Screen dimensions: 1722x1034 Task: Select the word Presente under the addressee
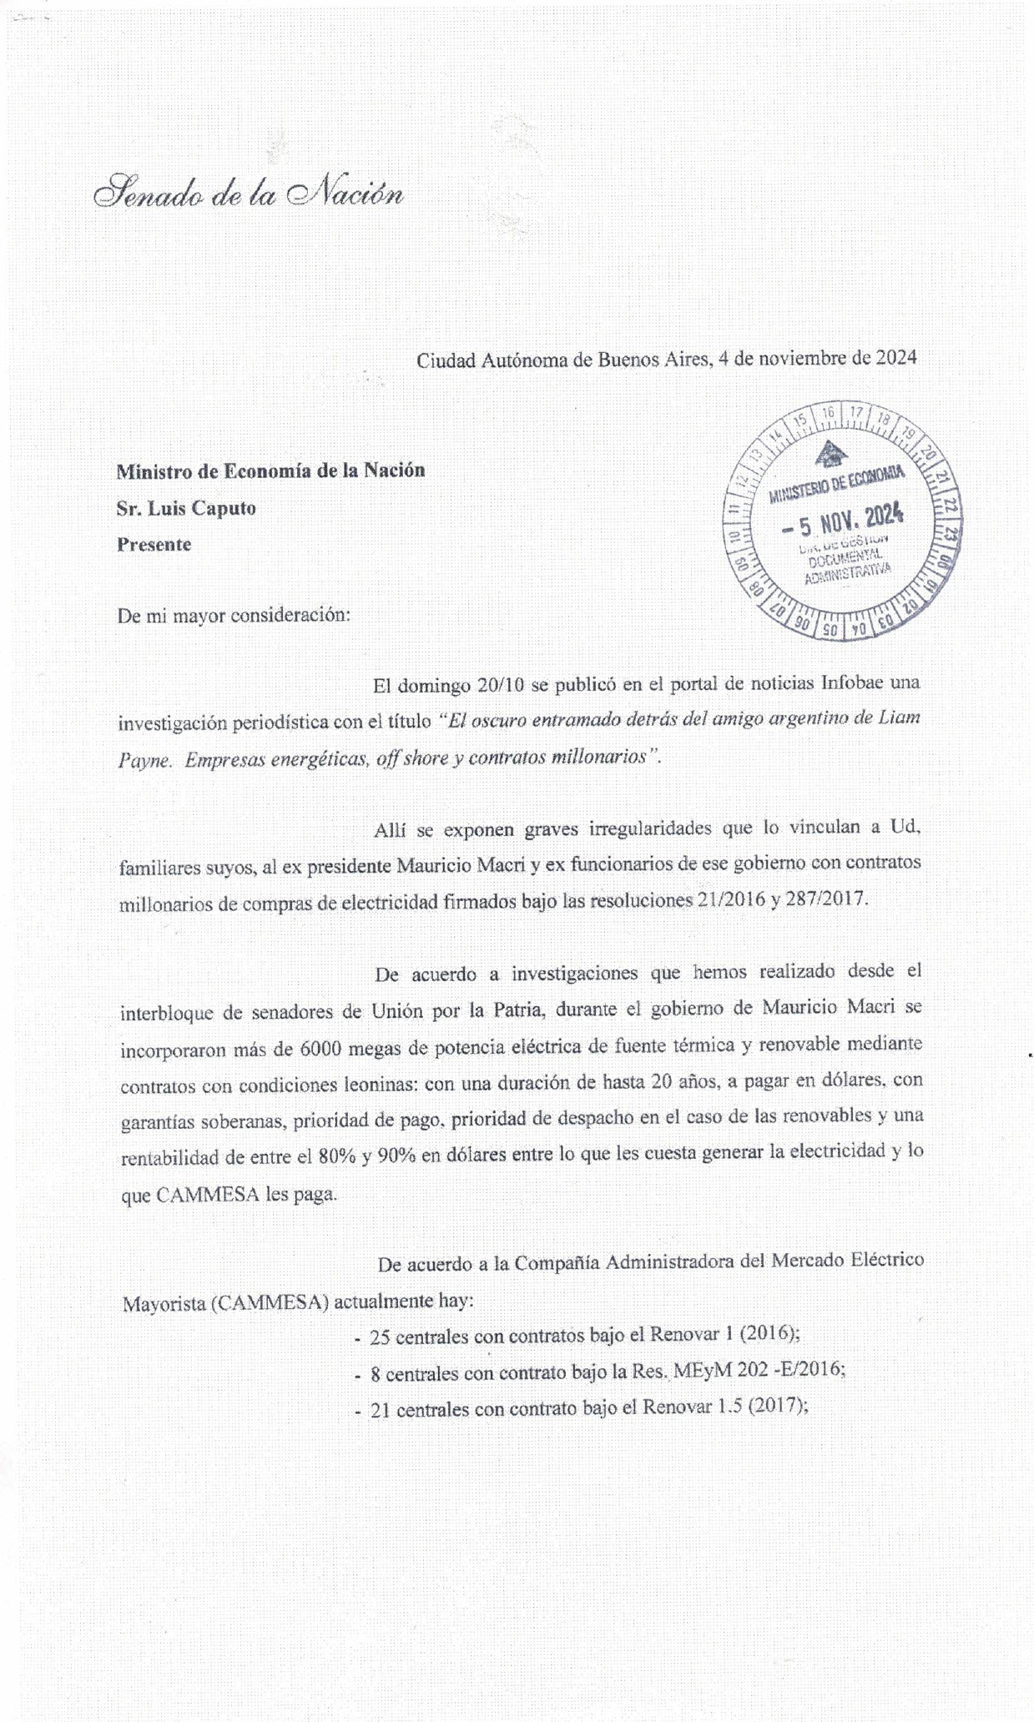(x=154, y=545)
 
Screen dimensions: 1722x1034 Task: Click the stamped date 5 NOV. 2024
(x=843, y=523)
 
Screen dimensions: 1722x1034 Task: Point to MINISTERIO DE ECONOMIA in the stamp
(x=837, y=485)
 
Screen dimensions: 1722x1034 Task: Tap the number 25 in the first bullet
(x=380, y=1336)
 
